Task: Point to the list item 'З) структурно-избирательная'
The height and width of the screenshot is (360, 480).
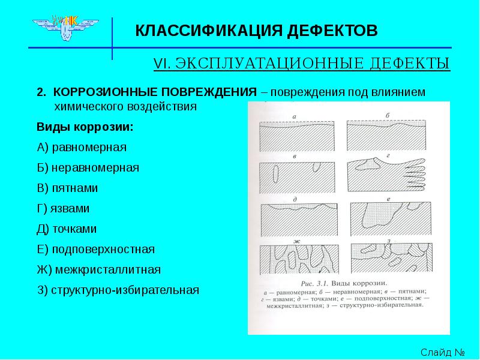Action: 118,290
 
